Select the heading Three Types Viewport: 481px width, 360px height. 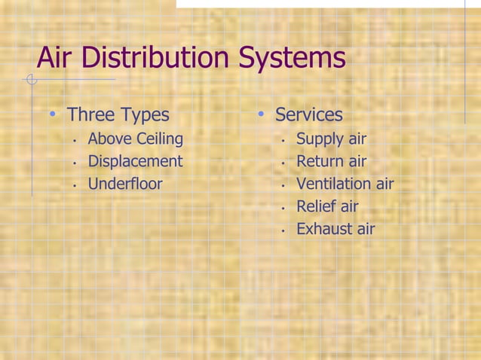click(118, 115)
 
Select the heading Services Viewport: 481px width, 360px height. click(308, 115)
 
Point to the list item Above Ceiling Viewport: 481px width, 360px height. click(135, 139)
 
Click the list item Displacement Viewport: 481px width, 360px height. click(135, 161)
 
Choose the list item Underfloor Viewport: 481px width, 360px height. click(125, 184)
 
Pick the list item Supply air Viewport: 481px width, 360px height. click(331, 139)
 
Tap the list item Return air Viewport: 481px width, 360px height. click(331, 161)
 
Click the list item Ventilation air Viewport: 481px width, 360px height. click(345, 184)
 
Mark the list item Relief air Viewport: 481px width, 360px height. click(327, 206)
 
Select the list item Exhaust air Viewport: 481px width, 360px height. click(335, 229)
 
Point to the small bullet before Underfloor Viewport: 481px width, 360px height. click(75, 185)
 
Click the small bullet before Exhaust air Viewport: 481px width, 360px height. click(283, 230)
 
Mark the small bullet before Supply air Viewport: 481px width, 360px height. click(283, 140)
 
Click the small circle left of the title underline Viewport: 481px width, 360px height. click(31, 79)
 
